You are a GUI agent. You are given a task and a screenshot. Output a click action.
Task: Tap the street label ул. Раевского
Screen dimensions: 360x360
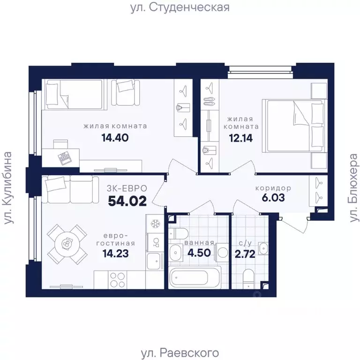point(180,352)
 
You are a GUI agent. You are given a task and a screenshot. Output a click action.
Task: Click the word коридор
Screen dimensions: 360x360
point(273,188)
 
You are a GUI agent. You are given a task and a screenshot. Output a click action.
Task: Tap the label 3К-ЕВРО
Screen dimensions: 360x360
point(128,188)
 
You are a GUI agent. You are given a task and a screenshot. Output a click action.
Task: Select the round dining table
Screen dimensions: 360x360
point(67,244)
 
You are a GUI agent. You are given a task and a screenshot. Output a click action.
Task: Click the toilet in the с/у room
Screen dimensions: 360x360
point(248,277)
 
